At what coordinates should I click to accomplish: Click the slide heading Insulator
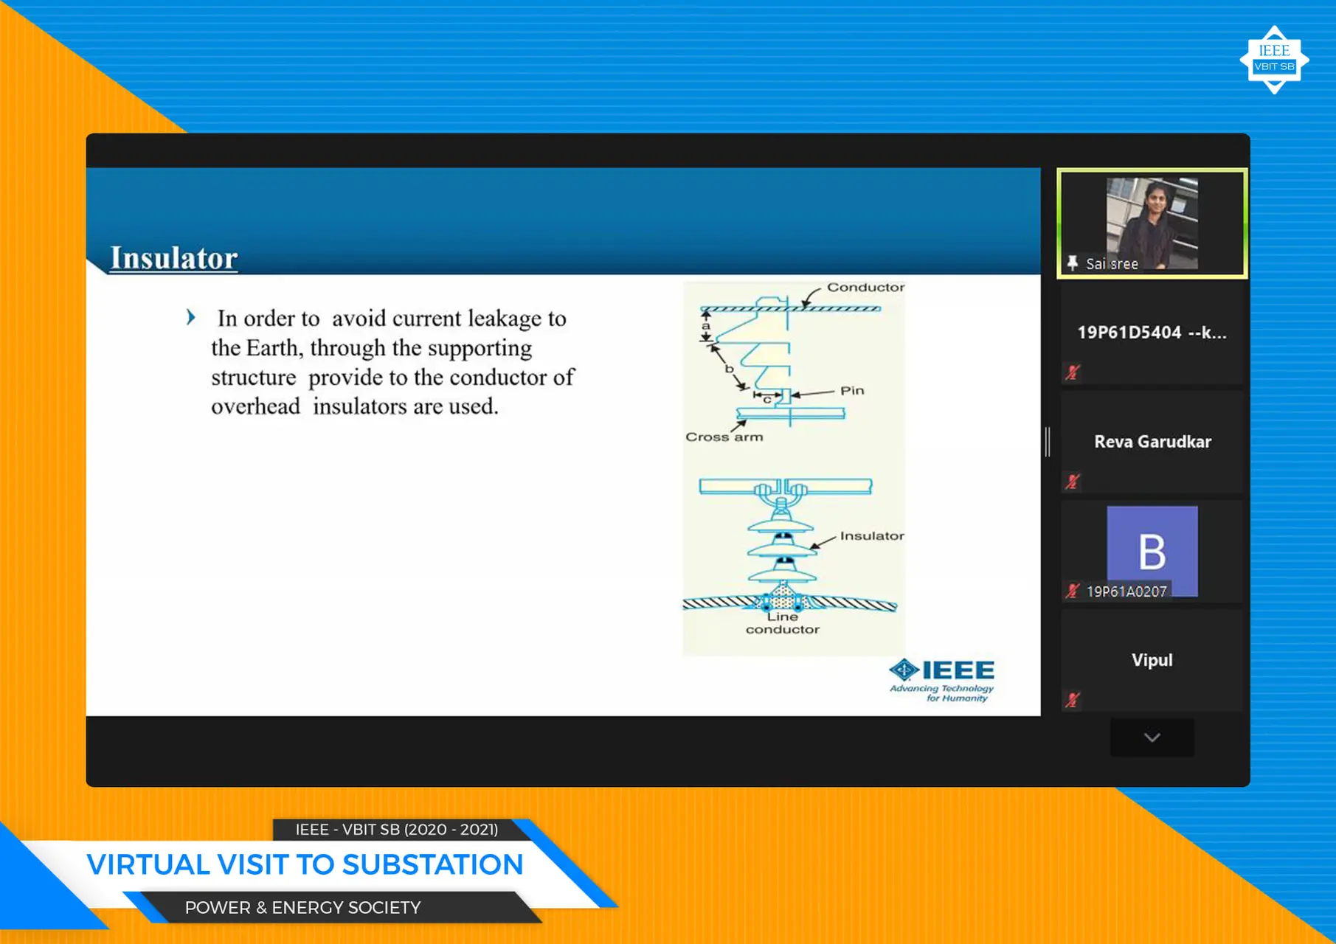coord(174,258)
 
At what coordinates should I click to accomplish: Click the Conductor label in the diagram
coord(865,288)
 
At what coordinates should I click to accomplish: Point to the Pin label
coord(852,391)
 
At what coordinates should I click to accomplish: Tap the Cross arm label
coord(724,437)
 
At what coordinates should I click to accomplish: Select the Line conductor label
coord(782,623)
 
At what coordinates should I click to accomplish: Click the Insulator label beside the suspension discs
coord(871,536)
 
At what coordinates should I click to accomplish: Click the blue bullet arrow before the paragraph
coord(191,318)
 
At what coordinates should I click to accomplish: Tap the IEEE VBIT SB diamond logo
coord(1274,60)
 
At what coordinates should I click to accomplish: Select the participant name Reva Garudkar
coord(1152,442)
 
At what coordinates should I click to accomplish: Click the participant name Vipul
coord(1152,660)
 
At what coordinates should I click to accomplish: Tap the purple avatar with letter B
coord(1152,549)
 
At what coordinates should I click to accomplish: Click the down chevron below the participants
coord(1152,737)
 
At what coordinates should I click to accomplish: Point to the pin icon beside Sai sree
coord(1073,263)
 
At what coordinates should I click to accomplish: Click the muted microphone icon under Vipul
coord(1073,700)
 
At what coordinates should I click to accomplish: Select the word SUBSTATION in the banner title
coord(432,864)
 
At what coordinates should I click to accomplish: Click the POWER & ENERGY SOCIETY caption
coord(302,908)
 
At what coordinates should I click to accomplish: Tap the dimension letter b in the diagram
coord(729,368)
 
